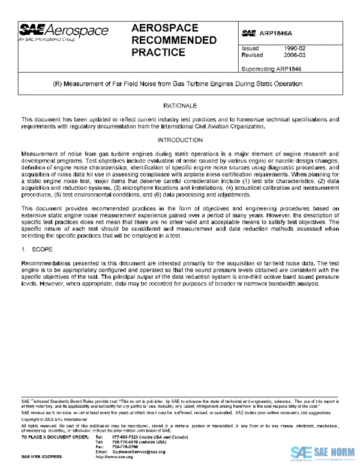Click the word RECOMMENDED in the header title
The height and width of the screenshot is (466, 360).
click(x=173, y=40)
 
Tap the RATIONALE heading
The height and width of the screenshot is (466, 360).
click(x=179, y=104)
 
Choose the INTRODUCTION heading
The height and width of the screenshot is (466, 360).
click(x=179, y=140)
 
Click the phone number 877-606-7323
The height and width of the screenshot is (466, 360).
click(x=125, y=437)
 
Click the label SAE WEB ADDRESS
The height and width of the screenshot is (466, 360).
click(x=41, y=456)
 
